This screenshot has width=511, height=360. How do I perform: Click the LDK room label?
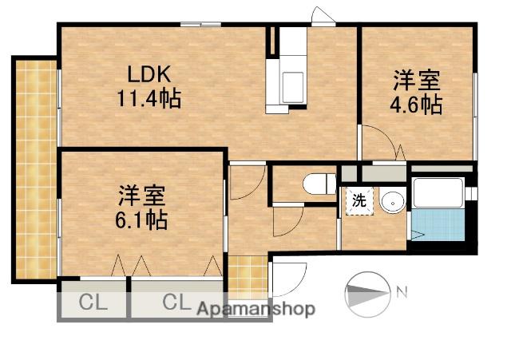149,75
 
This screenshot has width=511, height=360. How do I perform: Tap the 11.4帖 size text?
149,99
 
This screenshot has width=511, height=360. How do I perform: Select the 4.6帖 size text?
416,104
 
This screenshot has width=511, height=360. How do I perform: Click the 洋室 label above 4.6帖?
416,81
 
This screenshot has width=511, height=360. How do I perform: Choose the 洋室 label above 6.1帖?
141,195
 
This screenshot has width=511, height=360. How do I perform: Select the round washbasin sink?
392,203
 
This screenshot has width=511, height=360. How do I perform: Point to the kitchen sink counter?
291,80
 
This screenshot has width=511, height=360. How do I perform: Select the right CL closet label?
177,303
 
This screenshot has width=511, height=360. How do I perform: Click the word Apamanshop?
256,309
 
